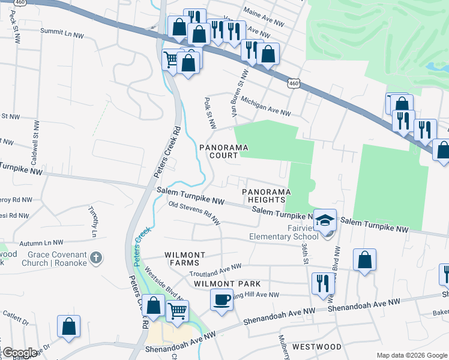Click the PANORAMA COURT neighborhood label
(x=224, y=151)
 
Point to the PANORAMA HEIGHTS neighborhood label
(x=267, y=196)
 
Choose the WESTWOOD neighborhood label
(x=316, y=347)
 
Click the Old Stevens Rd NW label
(x=194, y=214)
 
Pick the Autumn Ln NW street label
(x=41, y=243)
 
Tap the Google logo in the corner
(x=19, y=353)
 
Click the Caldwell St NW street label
(x=37, y=140)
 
